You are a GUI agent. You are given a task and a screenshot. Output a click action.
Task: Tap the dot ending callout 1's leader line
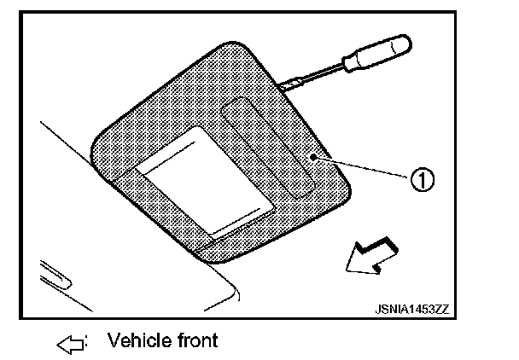pos(315,157)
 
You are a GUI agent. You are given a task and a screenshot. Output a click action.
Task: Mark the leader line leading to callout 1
pos(367,168)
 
